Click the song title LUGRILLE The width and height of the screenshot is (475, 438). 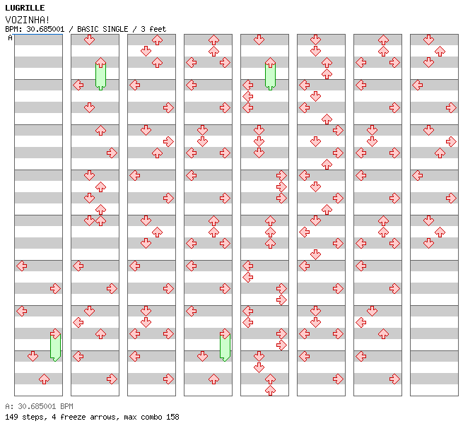coord(25,8)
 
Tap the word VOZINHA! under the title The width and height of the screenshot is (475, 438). coord(28,20)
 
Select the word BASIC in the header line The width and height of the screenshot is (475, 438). coord(88,29)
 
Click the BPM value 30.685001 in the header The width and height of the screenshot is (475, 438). coord(45,29)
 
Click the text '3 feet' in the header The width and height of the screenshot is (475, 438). coord(153,29)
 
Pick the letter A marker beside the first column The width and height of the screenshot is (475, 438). coord(11,38)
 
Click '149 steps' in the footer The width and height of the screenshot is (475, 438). coord(25,417)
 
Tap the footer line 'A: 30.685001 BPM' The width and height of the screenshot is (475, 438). coord(39,406)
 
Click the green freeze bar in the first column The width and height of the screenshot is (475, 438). coord(55,347)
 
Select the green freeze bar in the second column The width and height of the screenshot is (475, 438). coord(100,76)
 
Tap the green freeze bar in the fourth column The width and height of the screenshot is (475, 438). coord(225,347)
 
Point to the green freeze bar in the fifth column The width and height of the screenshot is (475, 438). coord(270,76)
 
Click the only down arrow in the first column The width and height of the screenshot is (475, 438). coord(33,356)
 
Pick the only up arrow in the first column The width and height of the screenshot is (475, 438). coord(45,379)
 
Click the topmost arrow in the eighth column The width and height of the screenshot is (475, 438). coord(428,40)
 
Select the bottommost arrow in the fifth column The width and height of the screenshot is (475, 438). coord(270,390)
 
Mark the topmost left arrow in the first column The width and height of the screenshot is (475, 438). coord(21,266)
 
